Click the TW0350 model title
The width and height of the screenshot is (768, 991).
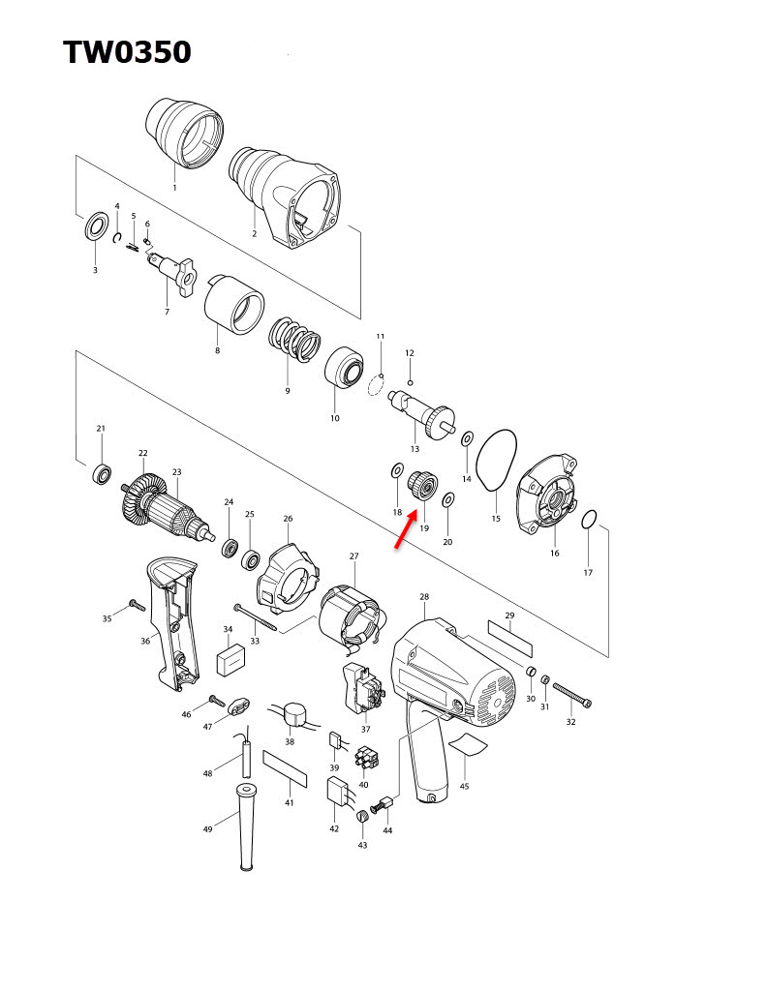pos(127,52)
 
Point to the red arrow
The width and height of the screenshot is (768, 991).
pos(405,531)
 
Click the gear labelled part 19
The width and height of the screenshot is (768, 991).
pos(421,483)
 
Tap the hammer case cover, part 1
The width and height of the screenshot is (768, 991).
pos(183,131)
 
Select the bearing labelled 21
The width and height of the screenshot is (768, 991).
pos(101,474)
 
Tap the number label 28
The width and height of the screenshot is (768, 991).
pos(424,597)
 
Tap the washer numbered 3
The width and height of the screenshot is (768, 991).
pos(96,228)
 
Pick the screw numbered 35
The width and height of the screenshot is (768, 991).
pos(134,606)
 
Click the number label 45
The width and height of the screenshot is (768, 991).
pos(464,787)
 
